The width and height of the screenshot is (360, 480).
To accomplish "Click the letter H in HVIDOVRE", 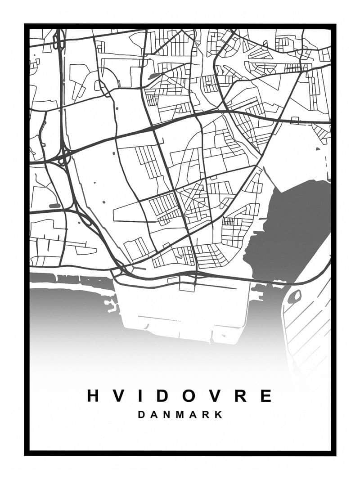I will point(93,396).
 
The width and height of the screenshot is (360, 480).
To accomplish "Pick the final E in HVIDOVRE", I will point(266,396).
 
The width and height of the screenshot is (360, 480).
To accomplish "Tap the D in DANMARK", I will point(141,415).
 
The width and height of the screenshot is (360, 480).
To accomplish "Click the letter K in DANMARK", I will point(219,415).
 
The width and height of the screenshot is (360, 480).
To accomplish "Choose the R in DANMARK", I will point(207,415).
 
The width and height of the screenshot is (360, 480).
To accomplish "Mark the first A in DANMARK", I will point(154,415).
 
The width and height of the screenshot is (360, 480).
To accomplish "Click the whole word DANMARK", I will point(180,415).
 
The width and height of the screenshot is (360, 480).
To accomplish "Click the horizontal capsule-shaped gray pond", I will point(54,206).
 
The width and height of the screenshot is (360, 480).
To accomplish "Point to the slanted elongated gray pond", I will point(153,76).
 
